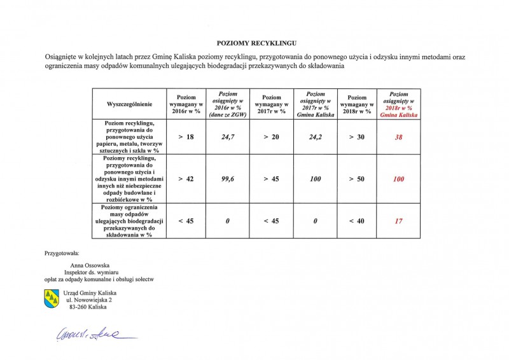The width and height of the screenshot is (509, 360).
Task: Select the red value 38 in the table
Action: pos(398,137)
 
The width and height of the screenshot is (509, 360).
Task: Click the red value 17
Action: pos(398,221)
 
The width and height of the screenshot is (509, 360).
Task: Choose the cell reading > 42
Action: pos(186,179)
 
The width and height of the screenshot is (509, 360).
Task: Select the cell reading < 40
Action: pos(356,221)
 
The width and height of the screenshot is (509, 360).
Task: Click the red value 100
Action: pos(398,179)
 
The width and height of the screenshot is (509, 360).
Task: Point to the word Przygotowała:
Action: pos(62,253)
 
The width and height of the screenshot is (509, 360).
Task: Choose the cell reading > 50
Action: pos(356,179)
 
